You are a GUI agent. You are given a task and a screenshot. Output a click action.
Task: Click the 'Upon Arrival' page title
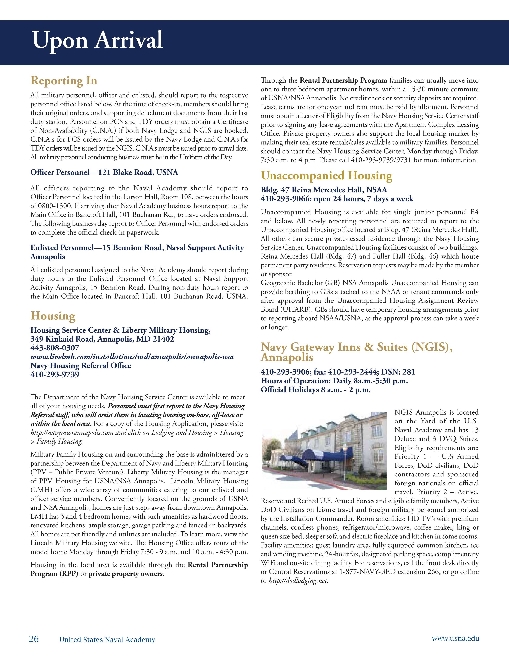pos(98,40)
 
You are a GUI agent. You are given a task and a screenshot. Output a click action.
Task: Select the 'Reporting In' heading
pos(64,81)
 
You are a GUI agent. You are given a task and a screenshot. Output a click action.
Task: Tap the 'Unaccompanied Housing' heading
pos(326,176)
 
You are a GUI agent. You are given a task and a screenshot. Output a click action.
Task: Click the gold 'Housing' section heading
pos(53,316)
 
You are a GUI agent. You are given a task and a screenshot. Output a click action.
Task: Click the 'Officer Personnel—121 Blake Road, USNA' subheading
pos(104,172)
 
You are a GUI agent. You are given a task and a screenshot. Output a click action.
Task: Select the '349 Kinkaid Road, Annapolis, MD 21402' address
pos(102,339)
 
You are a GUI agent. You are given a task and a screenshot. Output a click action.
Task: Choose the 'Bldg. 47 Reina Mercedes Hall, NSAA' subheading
pos(324,190)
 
